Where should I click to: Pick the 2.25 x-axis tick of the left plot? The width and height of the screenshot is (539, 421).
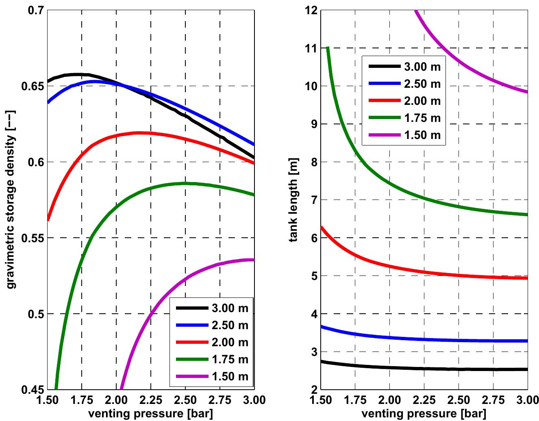point(151,400)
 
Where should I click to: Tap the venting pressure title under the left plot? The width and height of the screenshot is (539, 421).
point(151,414)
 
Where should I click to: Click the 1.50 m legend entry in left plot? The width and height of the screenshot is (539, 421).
point(230,376)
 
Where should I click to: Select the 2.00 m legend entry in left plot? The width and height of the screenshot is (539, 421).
point(230,342)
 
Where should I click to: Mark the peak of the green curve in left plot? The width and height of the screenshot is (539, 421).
point(185,183)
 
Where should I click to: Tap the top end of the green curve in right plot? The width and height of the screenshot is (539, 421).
point(328,48)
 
